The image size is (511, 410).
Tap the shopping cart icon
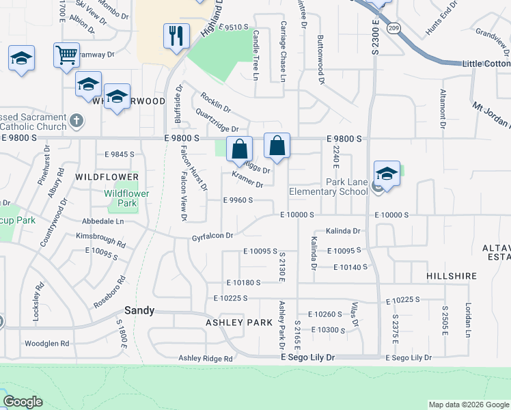66,55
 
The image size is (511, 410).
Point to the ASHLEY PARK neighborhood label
234,322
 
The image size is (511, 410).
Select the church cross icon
77,121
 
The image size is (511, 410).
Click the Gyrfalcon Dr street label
212,236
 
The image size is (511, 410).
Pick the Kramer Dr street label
247,180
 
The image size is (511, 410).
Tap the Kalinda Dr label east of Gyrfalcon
342,231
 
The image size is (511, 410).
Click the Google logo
23,402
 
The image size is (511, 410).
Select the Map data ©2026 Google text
468,405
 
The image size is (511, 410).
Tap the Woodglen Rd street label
46,343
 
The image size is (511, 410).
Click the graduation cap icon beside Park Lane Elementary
386,174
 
